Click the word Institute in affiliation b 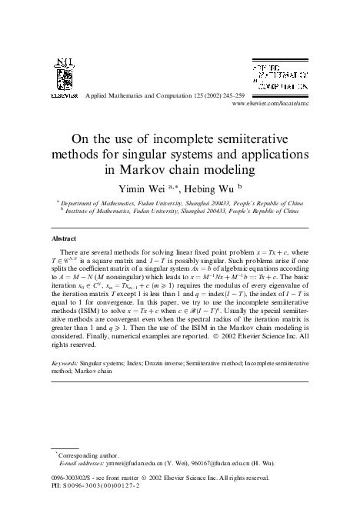coord(78,207)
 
